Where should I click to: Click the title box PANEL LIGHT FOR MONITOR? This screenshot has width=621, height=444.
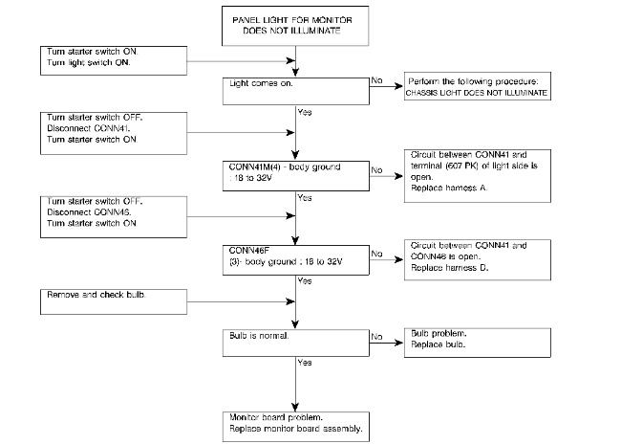tap(295, 26)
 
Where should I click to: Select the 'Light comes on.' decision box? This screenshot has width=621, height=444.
tap(296, 91)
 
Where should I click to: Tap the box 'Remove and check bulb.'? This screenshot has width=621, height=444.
tap(114, 301)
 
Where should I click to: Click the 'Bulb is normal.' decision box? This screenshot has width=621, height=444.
tap(296, 343)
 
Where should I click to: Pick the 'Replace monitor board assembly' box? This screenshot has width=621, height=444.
tap(296, 427)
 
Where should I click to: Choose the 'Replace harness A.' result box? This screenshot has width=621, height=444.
tap(478, 176)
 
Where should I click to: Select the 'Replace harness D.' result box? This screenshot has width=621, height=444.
tap(478, 259)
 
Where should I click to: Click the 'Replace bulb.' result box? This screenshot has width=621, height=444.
tap(478, 343)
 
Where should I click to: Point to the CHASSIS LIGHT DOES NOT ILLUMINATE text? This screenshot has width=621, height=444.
tap(477, 93)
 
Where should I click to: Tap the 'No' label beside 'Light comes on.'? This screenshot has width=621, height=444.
tap(376, 80)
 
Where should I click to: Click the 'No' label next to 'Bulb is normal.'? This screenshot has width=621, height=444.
tap(376, 337)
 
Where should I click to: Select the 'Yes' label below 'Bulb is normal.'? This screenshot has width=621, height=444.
tap(305, 363)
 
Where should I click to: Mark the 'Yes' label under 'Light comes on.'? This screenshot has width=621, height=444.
tap(305, 112)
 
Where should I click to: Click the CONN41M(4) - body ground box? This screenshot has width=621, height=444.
tap(296, 176)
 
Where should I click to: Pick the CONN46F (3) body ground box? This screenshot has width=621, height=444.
tap(296, 260)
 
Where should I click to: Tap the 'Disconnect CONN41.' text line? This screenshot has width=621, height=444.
tap(89, 128)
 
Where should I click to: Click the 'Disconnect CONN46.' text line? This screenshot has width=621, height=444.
tap(89, 211)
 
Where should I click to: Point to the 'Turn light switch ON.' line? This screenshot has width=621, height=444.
tap(88, 62)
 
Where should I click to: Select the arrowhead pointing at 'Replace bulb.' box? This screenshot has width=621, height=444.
tap(398, 343)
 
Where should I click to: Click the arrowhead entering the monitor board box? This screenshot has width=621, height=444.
tap(295, 407)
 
